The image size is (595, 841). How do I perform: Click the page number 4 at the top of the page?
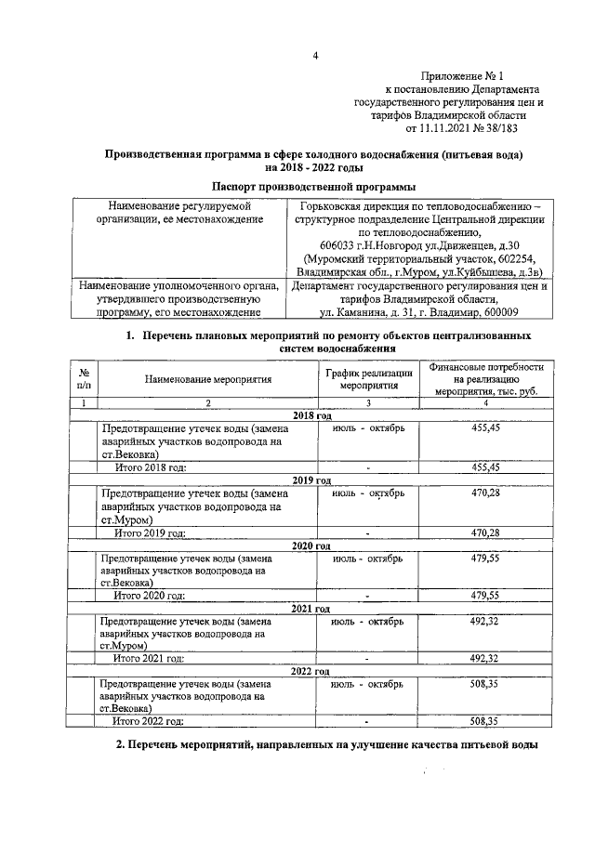point(315,56)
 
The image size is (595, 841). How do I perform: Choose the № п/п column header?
point(84,379)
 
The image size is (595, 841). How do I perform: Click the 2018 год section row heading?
point(311,414)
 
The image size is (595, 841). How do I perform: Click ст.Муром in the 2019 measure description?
point(126,519)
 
